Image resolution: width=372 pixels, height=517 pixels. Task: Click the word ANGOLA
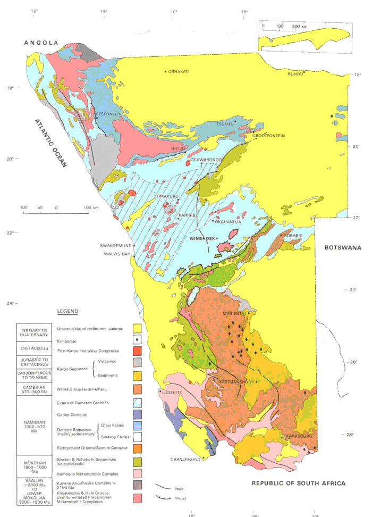point(41,43)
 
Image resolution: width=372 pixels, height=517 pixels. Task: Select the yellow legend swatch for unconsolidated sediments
point(138,327)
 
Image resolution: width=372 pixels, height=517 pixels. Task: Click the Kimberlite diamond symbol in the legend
point(138,339)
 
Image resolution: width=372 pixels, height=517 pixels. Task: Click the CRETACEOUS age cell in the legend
point(35,349)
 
